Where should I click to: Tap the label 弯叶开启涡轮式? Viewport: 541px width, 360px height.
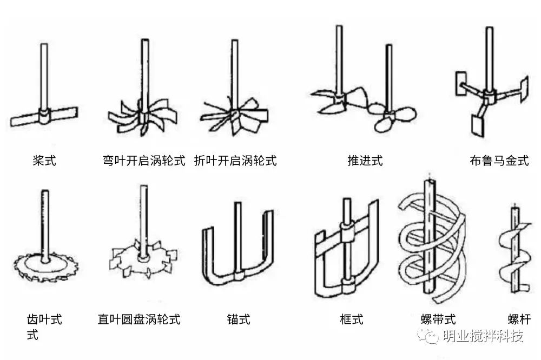pyautogui.click(x=144, y=161)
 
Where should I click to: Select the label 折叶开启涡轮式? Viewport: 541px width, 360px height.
pyautogui.click(x=235, y=161)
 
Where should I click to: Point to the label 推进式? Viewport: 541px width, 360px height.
pyautogui.click(x=365, y=161)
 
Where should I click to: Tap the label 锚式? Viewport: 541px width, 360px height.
pyautogui.click(x=239, y=319)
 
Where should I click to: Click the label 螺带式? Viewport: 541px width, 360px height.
pyautogui.click(x=438, y=319)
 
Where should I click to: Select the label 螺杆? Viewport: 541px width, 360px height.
pyautogui.click(x=518, y=319)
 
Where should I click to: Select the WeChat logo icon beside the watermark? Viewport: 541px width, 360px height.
pyautogui.click(x=431, y=337)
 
